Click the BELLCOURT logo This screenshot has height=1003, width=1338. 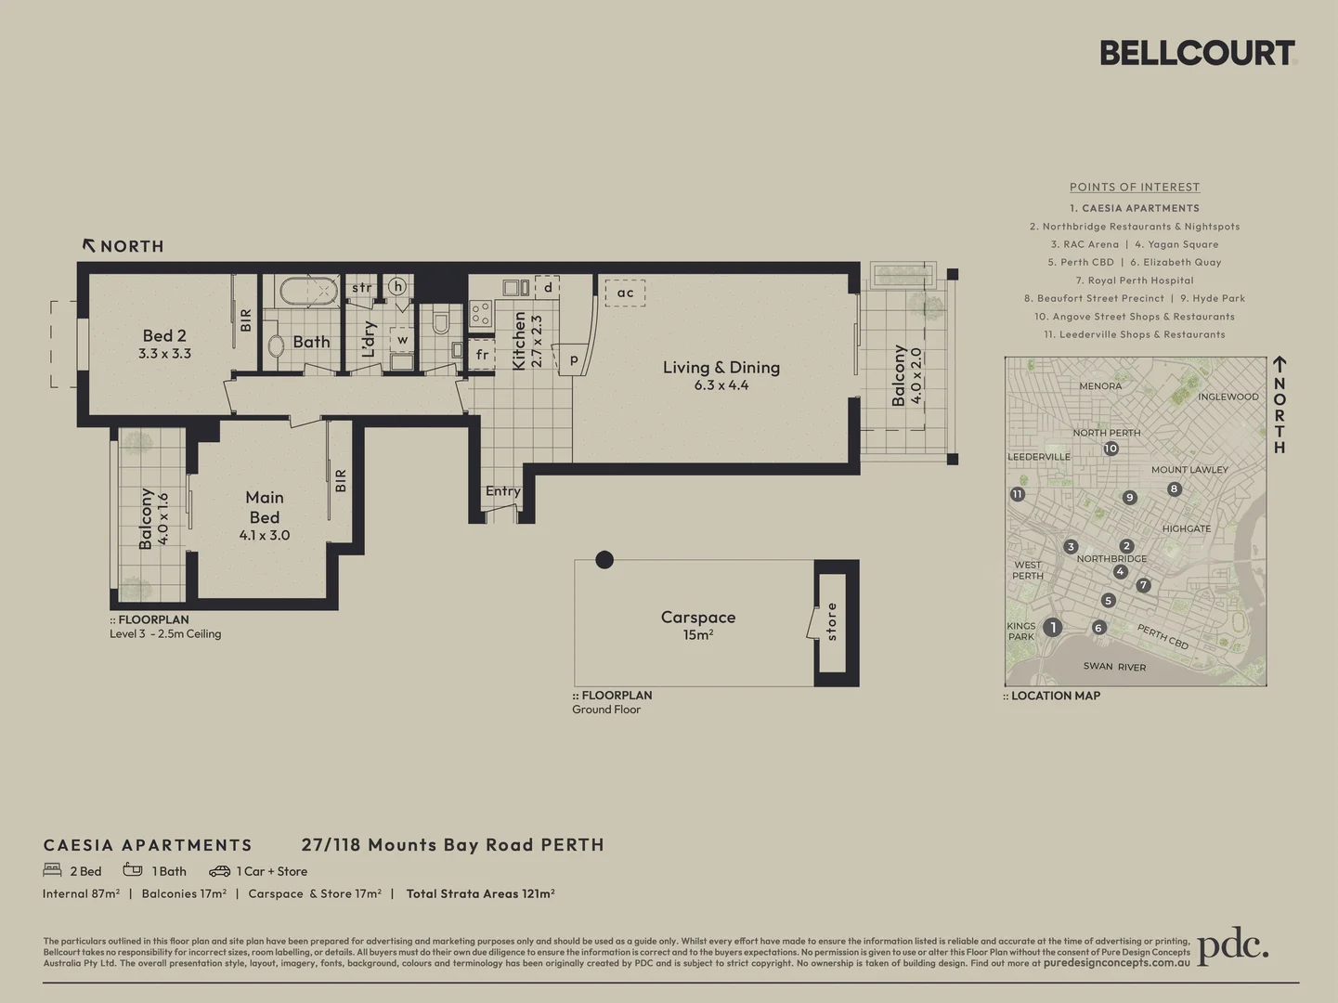1197,53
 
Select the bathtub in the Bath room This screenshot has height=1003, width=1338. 308,291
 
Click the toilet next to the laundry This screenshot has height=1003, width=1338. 441,322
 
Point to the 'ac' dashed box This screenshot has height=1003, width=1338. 625,293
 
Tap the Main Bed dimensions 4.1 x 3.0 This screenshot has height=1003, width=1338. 265,536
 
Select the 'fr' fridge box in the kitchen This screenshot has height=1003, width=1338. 482,354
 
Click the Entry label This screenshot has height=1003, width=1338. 502,491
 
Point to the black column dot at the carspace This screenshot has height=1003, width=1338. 604,559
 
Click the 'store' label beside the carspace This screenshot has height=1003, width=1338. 832,621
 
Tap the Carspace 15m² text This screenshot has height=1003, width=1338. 698,625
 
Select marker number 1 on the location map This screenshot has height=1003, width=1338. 1052,627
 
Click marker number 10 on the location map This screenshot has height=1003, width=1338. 1111,449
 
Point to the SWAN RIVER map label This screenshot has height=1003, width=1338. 1114,667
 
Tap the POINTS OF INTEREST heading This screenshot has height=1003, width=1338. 1135,187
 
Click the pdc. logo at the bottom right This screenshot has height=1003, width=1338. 1232,947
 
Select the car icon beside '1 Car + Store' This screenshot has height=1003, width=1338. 219,871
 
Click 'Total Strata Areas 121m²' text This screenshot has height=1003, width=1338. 480,893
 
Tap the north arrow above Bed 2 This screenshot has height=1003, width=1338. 89,245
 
